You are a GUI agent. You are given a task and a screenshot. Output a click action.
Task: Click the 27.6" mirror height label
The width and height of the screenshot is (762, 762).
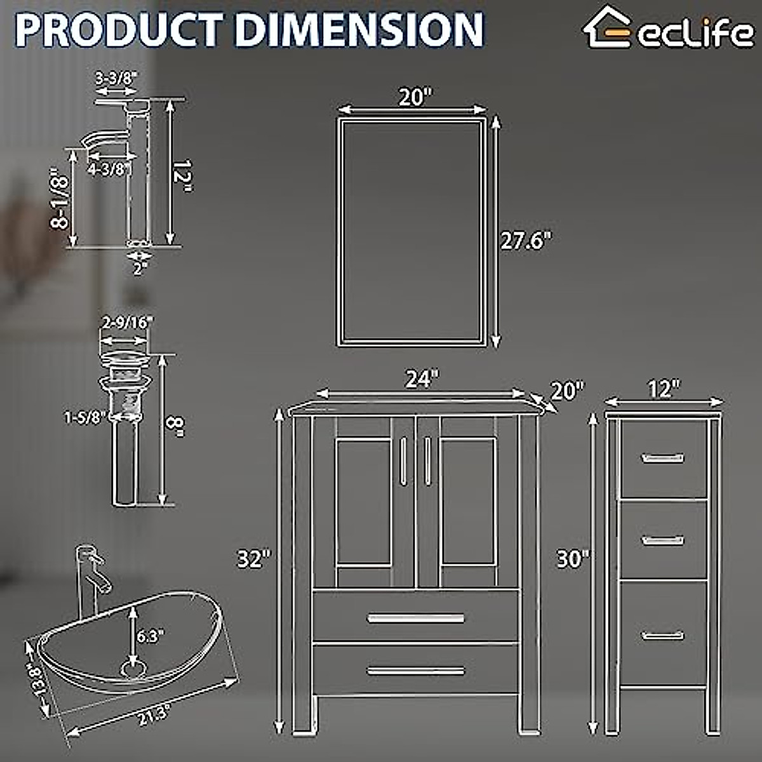click(x=526, y=241)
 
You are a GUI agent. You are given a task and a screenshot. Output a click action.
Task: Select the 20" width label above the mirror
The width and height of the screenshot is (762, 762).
click(x=415, y=97)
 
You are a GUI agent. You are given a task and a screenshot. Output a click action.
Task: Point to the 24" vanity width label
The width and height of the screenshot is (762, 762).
click(x=422, y=379)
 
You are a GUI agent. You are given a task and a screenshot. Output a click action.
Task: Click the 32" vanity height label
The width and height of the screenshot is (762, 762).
click(x=254, y=559)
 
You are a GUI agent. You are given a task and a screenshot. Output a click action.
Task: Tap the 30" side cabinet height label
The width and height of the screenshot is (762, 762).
click(x=573, y=559)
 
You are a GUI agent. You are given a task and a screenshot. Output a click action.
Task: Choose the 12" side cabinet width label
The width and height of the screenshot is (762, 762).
click(x=664, y=389)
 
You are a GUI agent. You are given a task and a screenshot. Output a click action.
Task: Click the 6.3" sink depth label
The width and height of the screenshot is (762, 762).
click(x=151, y=636)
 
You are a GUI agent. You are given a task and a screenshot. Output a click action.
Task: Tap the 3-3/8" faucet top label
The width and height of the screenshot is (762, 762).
click(x=116, y=78)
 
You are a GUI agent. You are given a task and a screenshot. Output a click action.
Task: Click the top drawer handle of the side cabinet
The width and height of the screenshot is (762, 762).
click(x=662, y=458)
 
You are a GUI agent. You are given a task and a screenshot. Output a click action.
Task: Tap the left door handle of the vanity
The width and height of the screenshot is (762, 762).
click(x=403, y=460)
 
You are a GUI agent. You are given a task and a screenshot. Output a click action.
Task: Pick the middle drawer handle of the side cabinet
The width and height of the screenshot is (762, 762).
click(x=662, y=540)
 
